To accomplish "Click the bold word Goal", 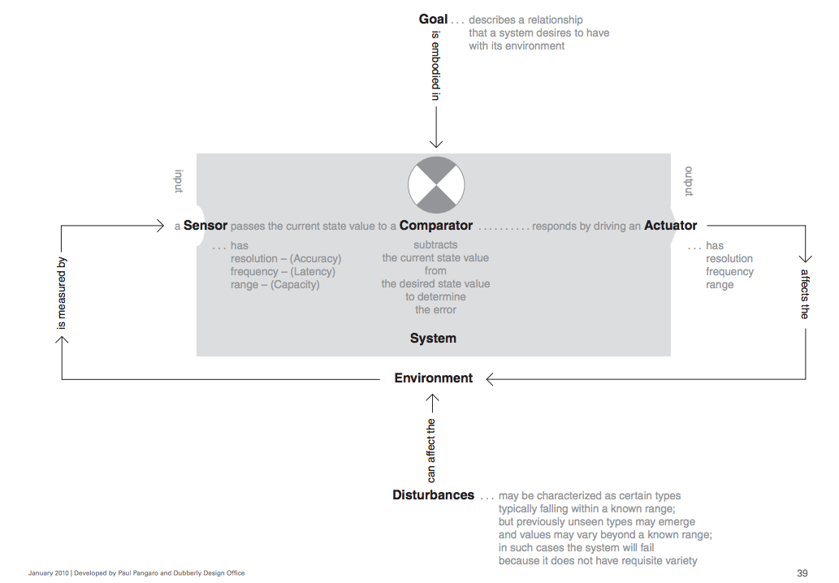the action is tap(433, 19).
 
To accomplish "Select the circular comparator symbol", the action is tap(436, 185).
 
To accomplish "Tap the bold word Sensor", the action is tap(205, 226).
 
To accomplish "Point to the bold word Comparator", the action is tap(436, 226).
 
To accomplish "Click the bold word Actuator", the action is tap(670, 226).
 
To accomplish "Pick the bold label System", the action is tap(433, 338).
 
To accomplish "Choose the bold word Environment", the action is tap(434, 378).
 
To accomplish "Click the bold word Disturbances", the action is tap(434, 494).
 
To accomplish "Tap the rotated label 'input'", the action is tap(179, 181).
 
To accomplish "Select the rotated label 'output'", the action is tap(690, 181).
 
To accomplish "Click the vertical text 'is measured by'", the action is tap(62, 293).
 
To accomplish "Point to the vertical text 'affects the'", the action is tap(805, 294).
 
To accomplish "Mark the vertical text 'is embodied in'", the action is tap(436, 66).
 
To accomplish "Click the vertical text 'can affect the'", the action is tap(431, 451).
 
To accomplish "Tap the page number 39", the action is tap(802, 572).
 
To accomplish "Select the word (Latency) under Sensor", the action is tap(313, 272).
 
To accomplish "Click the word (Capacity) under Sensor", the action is tap(295, 284).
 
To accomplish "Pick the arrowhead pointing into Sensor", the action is tap(159, 226).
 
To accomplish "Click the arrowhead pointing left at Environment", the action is tap(490, 378).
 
